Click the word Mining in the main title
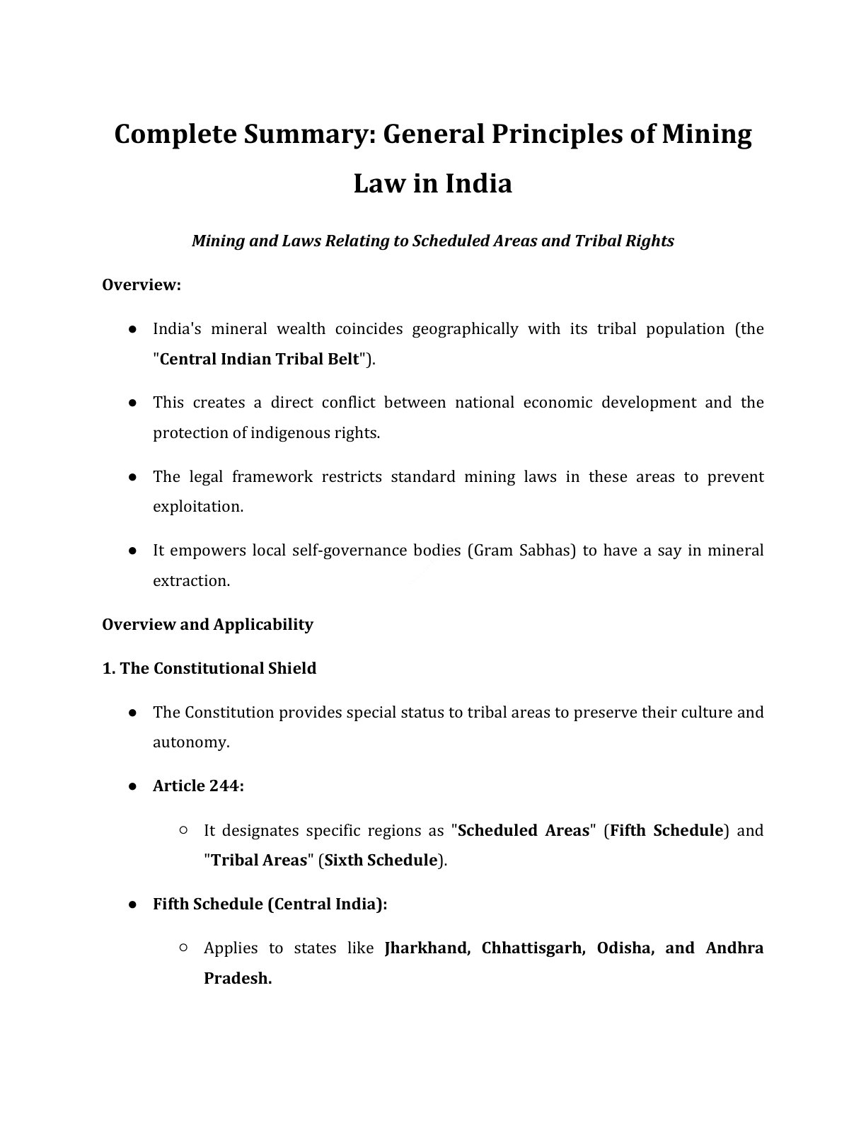tap(706, 134)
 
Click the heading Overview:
tap(142, 284)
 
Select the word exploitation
tap(197, 507)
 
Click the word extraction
tap(191, 580)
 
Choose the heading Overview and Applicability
tap(207, 624)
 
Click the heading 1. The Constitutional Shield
tap(209, 668)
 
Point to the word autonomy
tap(190, 742)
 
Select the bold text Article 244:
tap(198, 786)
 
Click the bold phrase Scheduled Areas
tap(524, 830)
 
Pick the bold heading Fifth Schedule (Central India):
tap(270, 904)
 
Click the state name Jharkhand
tap(427, 948)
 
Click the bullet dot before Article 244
tap(132, 786)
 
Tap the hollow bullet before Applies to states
tap(183, 948)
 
